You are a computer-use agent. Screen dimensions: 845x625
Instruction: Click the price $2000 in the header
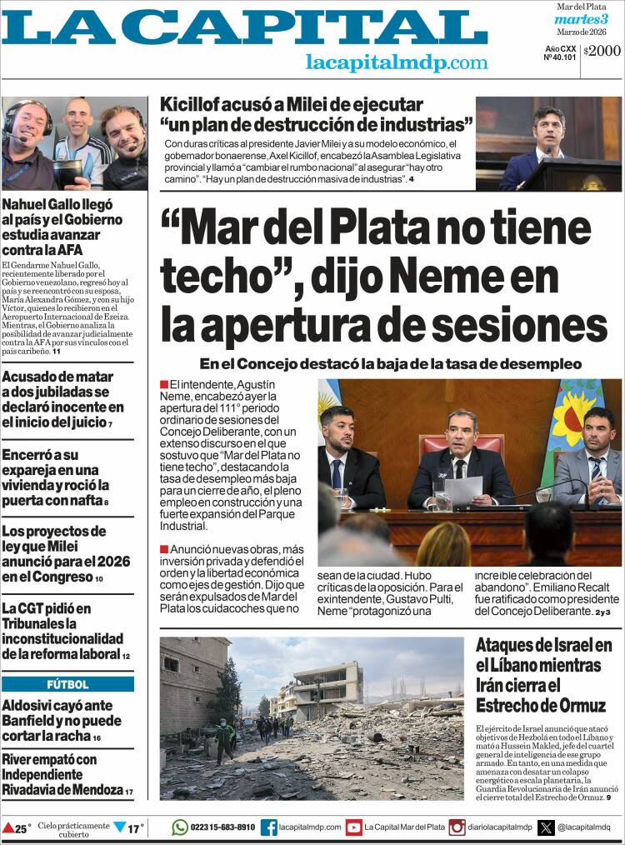(x=602, y=51)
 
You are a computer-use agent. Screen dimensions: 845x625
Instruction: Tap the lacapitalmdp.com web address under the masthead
(x=397, y=62)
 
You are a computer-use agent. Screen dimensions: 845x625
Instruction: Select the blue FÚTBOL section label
(x=67, y=684)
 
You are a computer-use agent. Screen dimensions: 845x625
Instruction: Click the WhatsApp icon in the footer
(x=180, y=827)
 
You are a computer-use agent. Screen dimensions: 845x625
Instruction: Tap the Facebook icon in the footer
(x=268, y=827)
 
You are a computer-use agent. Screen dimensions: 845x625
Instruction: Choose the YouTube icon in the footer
(x=353, y=827)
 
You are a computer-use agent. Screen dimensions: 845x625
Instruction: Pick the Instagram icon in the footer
(x=457, y=827)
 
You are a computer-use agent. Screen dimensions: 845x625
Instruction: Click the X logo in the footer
(x=546, y=827)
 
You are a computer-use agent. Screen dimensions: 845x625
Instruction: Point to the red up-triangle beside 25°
(x=7, y=828)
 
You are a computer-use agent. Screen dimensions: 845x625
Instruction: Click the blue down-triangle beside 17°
(x=120, y=827)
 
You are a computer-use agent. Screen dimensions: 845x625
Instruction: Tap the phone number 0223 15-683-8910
(x=223, y=827)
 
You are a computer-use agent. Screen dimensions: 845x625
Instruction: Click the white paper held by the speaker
(x=463, y=489)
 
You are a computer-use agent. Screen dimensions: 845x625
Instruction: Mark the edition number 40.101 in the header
(x=559, y=57)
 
